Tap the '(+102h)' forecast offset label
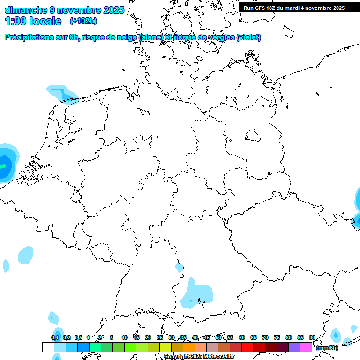(83, 21)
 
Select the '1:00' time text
(15, 21)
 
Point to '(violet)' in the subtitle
(249, 37)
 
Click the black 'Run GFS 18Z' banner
(294, 8)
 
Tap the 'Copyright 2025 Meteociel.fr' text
(199, 357)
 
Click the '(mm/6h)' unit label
(327, 348)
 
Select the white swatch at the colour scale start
(48, 347)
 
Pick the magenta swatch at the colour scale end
(306, 347)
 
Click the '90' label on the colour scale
(312, 337)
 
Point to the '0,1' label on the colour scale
(55, 337)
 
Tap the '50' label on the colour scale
(218, 337)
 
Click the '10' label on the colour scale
(125, 337)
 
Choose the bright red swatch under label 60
(247, 347)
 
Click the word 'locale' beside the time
(45, 21)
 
